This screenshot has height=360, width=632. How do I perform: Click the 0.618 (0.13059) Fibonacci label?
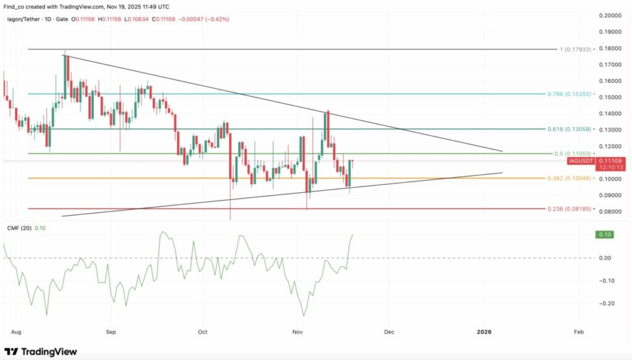[x=570, y=130]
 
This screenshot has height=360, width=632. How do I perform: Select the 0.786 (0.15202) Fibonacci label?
[x=570, y=94]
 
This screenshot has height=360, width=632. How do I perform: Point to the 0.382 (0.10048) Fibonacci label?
[x=570, y=178]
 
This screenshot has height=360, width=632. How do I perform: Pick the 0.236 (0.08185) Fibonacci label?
[x=570, y=209]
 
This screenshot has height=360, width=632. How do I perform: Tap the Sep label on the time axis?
[x=110, y=331]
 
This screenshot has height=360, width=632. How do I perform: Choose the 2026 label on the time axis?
[x=484, y=331]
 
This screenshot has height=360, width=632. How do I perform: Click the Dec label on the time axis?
[x=389, y=331]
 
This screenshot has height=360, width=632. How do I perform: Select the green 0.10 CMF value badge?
[x=602, y=235]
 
